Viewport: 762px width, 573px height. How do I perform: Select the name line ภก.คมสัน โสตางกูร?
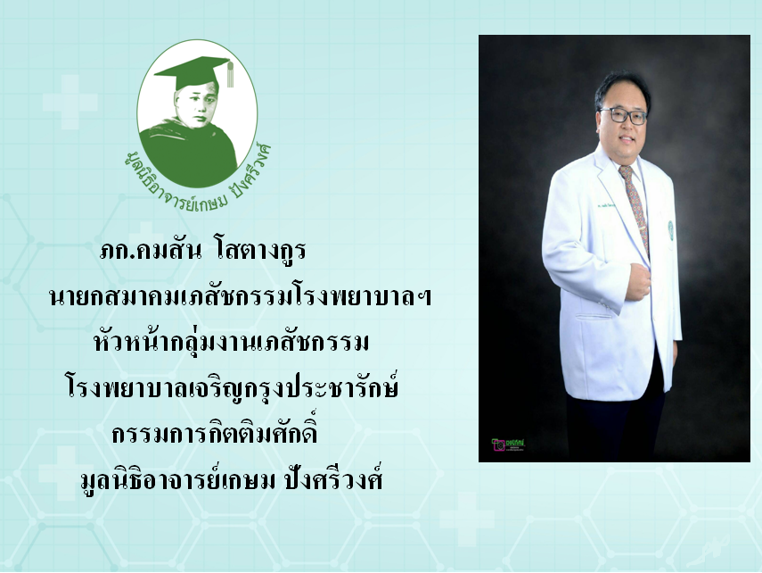point(202,251)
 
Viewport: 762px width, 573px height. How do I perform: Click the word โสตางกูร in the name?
point(260,251)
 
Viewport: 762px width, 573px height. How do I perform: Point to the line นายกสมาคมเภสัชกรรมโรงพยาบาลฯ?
point(240,297)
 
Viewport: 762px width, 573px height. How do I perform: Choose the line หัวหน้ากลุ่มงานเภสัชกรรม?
point(231,341)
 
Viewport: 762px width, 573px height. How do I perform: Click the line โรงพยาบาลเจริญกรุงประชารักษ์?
point(232,388)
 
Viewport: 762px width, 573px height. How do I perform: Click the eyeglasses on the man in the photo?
point(624,115)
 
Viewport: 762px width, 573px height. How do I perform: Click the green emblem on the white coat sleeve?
point(670,228)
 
